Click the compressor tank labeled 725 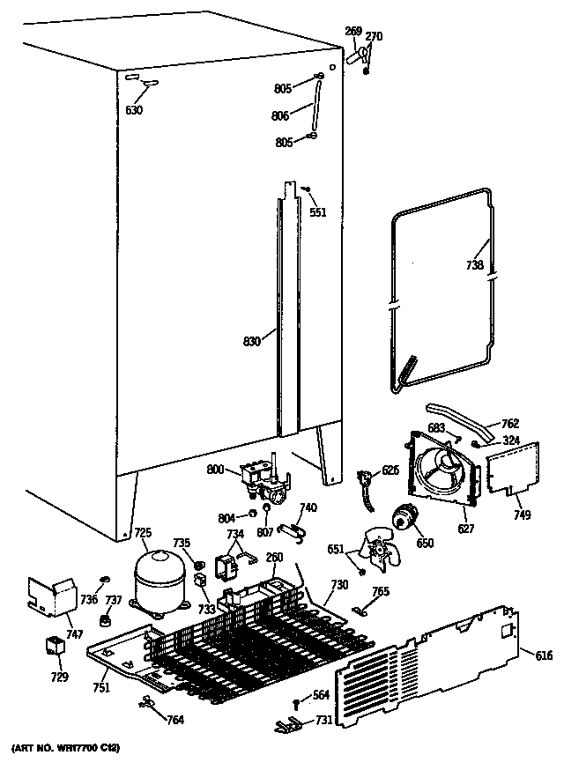coord(159,582)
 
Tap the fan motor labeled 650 coord(406,521)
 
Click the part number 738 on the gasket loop coord(475,264)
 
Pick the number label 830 coord(251,341)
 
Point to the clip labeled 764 coord(148,702)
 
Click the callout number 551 coord(317,211)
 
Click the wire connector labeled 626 coord(362,482)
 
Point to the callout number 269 coord(352,32)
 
